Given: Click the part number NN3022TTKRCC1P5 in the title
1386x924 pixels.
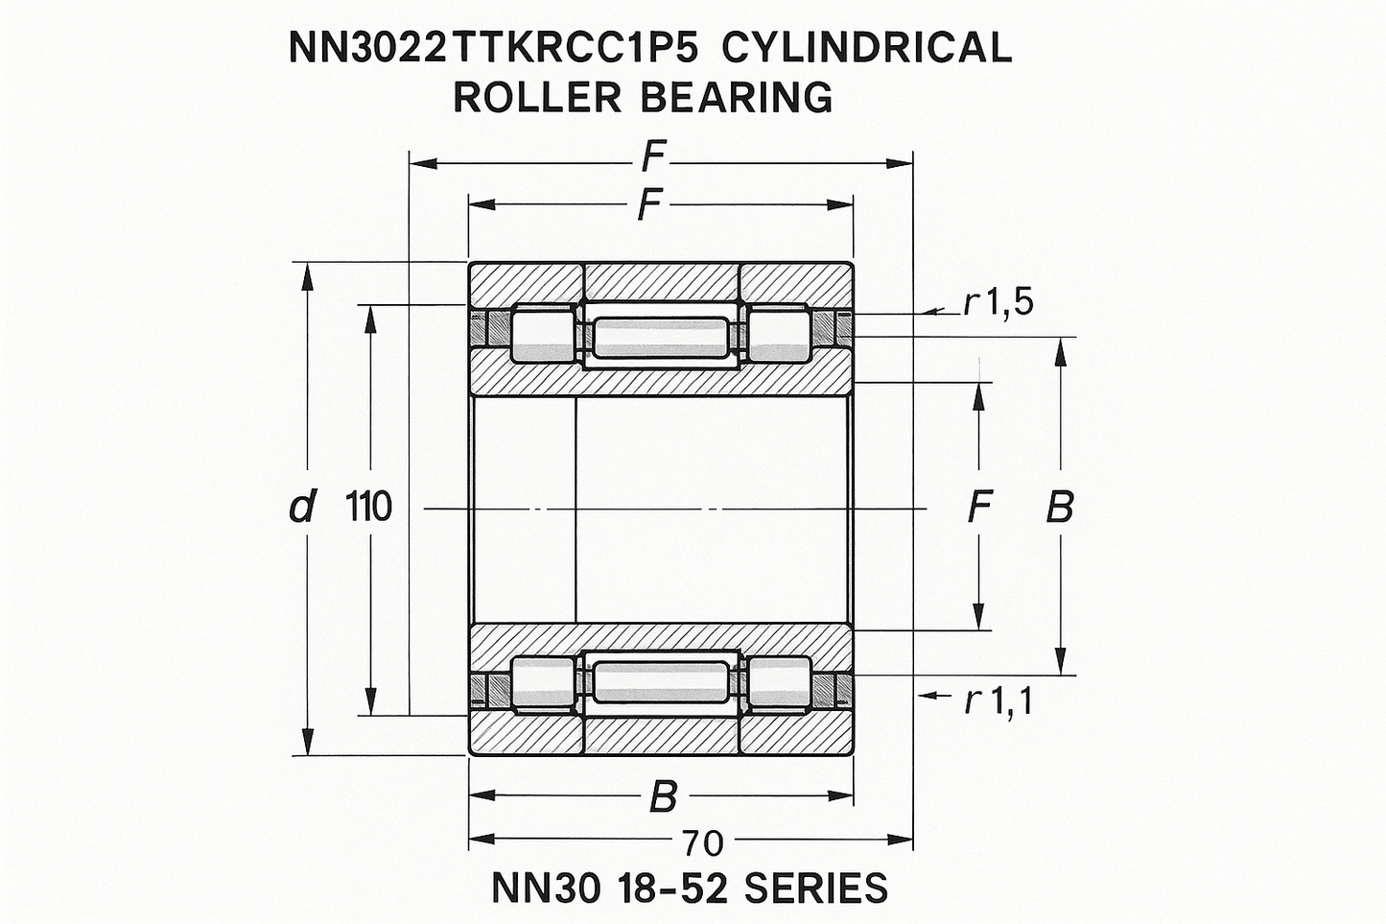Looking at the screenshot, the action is click(x=492, y=48).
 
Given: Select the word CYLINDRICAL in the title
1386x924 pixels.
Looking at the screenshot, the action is click(x=866, y=48).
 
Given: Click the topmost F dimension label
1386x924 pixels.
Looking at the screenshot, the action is click(x=653, y=156).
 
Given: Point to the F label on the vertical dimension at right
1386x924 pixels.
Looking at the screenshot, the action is click(x=980, y=507).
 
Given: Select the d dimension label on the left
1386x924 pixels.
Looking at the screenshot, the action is click(x=303, y=507).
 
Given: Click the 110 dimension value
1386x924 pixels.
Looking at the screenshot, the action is click(x=368, y=507).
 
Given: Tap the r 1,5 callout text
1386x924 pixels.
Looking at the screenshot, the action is click(x=998, y=303).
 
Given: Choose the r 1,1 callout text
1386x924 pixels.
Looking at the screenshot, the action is click(x=998, y=701).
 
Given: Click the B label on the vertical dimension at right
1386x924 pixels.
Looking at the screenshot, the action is click(x=1060, y=507).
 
